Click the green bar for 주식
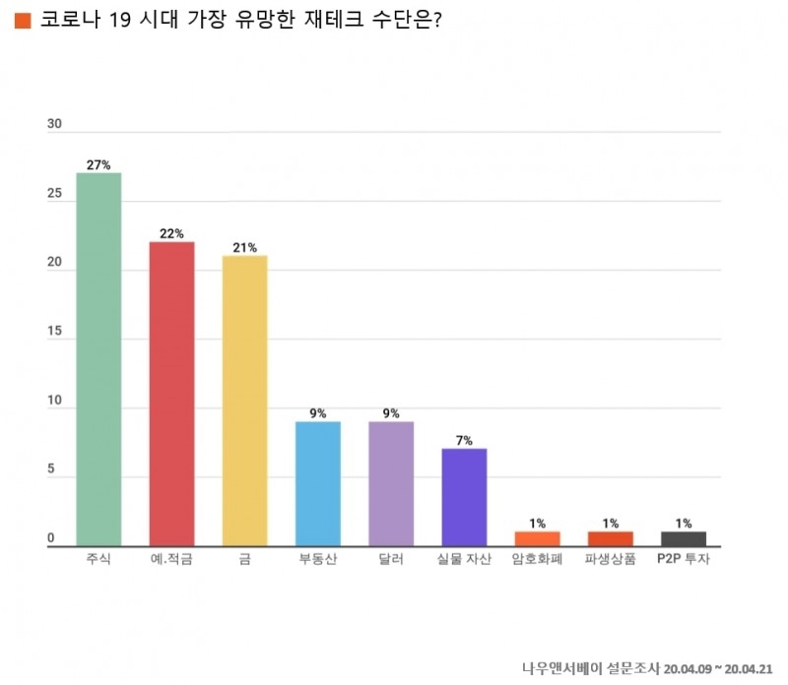pos(98,359)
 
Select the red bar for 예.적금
pos(171,394)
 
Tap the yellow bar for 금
pos(244,401)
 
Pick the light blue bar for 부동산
pos(317,483)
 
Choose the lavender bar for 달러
pos(390,483)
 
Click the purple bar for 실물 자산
pos(463,497)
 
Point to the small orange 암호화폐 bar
pos(537,538)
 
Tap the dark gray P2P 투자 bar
pos(683,538)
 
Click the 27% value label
pos(98,165)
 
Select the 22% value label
pos(171,234)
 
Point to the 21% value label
pos(244,248)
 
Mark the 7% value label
pos(463,441)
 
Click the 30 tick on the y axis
pos(54,125)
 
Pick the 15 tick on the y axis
pos(54,333)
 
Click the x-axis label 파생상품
pos(610,560)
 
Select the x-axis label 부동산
pos(317,560)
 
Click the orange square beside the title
pos(24,21)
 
